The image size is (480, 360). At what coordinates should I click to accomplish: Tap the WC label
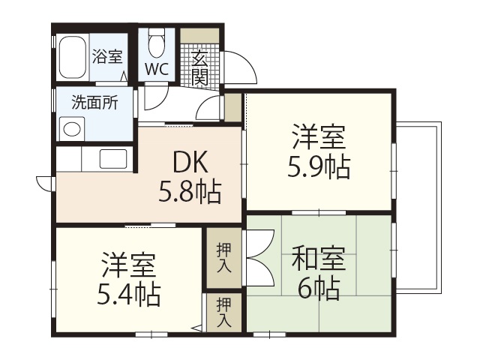157,70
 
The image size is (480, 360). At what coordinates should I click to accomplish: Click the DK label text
189,163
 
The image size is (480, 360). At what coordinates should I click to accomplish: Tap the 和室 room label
318,259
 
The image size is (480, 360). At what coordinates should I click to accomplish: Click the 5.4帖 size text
130,295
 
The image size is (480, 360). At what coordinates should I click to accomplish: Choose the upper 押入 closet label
223,256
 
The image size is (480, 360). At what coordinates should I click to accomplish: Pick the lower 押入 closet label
223,311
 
